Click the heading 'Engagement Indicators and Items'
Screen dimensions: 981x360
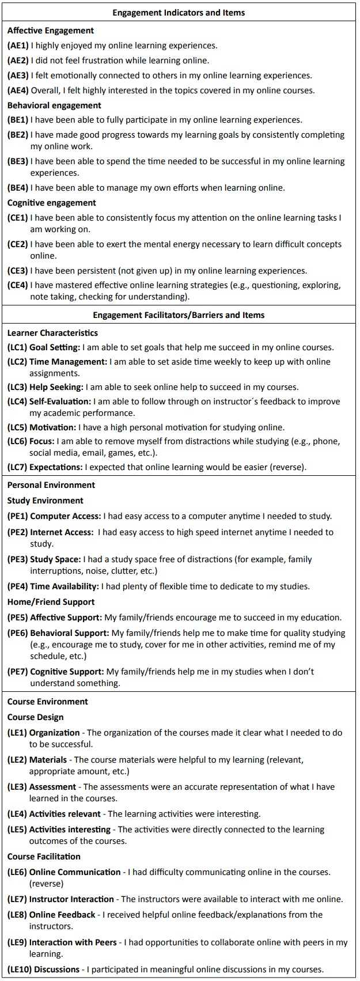click(179, 12)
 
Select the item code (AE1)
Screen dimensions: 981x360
click(18, 46)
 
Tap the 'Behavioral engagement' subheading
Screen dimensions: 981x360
click(54, 105)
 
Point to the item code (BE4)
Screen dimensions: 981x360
click(18, 188)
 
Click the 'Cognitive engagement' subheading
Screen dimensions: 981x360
click(52, 203)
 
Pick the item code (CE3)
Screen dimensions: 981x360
click(18, 271)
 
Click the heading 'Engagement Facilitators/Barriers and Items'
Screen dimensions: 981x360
click(179, 315)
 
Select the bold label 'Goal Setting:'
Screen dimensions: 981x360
click(55, 347)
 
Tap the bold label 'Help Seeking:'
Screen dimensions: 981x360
click(56, 387)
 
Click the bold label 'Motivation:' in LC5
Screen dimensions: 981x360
click(52, 427)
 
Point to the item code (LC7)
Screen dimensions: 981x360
click(17, 467)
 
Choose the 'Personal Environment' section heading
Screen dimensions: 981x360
click(51, 485)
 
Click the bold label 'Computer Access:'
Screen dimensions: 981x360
click(66, 516)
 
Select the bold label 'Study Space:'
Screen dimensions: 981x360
click(55, 559)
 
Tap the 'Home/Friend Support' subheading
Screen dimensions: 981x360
click(51, 602)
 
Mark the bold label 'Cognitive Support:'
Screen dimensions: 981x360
click(67, 672)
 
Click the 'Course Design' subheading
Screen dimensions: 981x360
click(36, 717)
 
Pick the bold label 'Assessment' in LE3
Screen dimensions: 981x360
click(52, 787)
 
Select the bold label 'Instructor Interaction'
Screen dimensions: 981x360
click(71, 899)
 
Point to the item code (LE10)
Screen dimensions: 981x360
click(20, 969)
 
